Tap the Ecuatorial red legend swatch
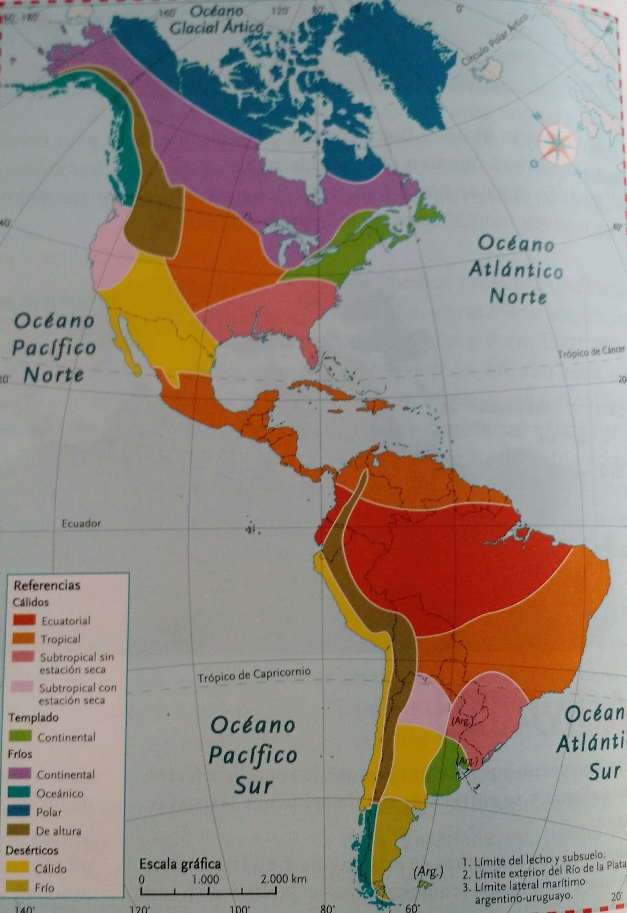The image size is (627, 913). (x=25, y=620)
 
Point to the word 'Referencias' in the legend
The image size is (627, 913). (x=47, y=585)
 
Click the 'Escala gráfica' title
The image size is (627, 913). (x=180, y=863)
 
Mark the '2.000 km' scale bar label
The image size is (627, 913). (x=284, y=879)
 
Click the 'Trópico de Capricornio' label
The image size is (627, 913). (x=254, y=674)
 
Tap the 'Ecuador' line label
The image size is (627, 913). (x=81, y=523)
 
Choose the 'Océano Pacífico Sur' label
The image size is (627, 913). (x=252, y=754)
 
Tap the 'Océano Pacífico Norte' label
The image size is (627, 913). (x=55, y=347)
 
